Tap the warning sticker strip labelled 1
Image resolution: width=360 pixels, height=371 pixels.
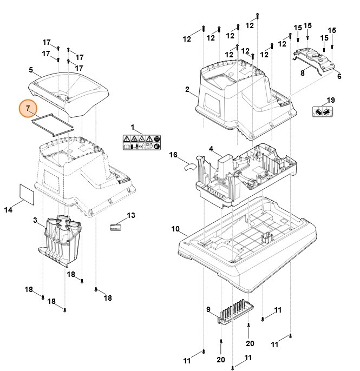[141, 143]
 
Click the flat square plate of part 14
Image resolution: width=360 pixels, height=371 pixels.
[27, 193]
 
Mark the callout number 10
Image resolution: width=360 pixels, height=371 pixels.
[174, 229]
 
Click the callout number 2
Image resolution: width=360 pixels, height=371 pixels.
[188, 89]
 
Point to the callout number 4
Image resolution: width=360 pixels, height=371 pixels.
[211, 148]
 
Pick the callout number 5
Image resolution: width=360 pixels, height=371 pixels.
[31, 70]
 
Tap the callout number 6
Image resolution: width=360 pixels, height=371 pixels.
[339, 77]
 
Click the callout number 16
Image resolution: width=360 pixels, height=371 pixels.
[173, 155]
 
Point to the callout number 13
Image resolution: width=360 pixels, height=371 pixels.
[131, 215]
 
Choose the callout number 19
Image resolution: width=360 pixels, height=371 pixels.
[330, 100]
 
